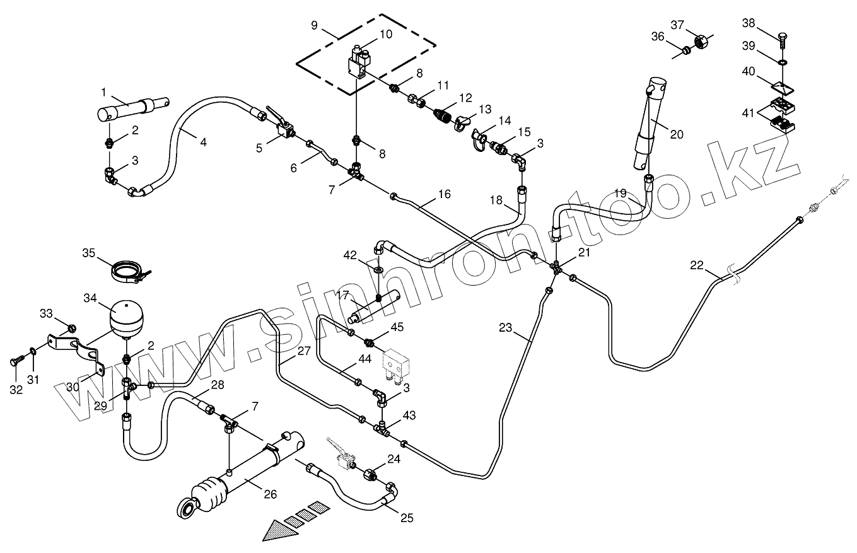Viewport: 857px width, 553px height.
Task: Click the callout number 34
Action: coord(91,297)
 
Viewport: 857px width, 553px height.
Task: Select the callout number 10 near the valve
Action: coord(385,35)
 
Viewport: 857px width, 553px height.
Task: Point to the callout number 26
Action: coord(270,495)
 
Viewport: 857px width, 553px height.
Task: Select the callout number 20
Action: coord(677,134)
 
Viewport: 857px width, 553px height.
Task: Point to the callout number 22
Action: coord(696,266)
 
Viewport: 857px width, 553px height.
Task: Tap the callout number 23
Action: coord(505,328)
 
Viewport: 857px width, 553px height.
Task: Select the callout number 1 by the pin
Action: coord(103,93)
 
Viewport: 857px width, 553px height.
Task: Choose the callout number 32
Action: coord(16,390)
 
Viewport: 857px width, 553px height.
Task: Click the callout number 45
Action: coord(397,327)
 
